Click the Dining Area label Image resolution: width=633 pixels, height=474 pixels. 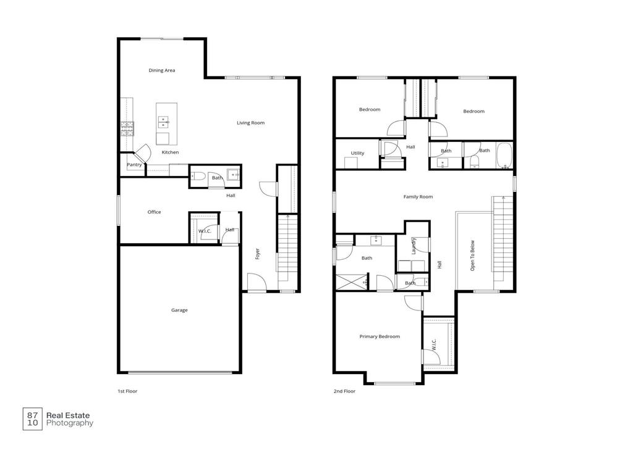(x=162, y=70)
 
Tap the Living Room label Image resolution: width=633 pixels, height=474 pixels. (x=250, y=123)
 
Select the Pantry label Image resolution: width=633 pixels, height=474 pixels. (x=134, y=165)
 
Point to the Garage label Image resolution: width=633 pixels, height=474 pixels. (x=179, y=310)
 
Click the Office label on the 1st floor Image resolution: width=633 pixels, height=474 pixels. (x=154, y=212)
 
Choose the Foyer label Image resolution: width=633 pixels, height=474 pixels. (x=258, y=253)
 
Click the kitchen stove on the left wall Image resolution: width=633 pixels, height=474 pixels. (x=127, y=128)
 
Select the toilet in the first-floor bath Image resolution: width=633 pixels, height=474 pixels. (x=198, y=177)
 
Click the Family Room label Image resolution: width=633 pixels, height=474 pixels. (x=418, y=197)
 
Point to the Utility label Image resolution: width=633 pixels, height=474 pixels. (x=357, y=153)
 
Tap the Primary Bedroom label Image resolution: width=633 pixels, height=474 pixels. (x=380, y=336)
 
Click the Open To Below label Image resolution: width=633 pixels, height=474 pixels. (x=473, y=256)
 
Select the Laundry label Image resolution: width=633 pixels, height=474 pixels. (x=414, y=246)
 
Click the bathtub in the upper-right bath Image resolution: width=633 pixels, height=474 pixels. (x=504, y=156)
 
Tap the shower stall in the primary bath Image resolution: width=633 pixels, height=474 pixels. (x=350, y=282)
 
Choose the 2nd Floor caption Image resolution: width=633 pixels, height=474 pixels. (x=344, y=391)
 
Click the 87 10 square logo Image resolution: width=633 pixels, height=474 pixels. (x=33, y=419)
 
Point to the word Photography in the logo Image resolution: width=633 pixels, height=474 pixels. (x=70, y=423)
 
